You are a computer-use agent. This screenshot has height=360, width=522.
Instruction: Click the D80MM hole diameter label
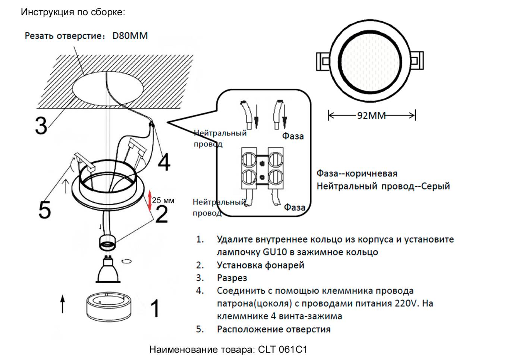point(130,36)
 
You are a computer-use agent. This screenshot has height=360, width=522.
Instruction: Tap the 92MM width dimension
point(371,116)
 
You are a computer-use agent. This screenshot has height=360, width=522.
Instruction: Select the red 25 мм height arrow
point(150,201)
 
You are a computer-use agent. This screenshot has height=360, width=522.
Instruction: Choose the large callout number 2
point(161,215)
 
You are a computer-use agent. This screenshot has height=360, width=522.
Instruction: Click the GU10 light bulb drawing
point(108,269)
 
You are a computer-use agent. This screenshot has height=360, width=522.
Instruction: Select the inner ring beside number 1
point(106,307)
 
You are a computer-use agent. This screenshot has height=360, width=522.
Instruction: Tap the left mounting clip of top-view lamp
point(324,61)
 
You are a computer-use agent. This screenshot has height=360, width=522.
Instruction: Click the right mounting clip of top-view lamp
point(416,60)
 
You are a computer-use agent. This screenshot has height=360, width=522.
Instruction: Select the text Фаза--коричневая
point(357,173)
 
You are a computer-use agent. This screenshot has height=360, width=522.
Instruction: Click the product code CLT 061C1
point(282,350)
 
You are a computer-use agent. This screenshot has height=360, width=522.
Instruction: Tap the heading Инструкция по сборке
point(73,12)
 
